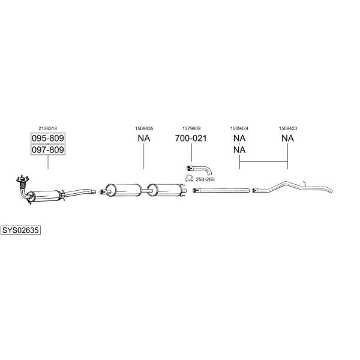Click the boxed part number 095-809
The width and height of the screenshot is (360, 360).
[x=48, y=138]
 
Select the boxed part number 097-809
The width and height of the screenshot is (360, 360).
[x=48, y=150]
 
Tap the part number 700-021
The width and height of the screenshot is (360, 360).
[x=191, y=138]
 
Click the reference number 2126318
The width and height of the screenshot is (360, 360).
[x=47, y=128]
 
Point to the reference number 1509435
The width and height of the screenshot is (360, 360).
[x=144, y=128]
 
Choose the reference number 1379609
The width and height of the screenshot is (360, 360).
[x=191, y=128]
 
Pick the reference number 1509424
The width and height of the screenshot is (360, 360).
[x=239, y=128]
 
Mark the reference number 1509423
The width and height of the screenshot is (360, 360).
[x=288, y=128]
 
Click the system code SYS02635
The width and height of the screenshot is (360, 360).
[x=20, y=230]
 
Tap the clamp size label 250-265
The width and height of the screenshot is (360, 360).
[x=205, y=179]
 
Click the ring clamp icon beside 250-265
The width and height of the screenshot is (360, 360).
[x=189, y=178]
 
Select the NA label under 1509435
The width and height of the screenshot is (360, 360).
[x=144, y=138]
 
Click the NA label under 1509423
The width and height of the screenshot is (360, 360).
[x=287, y=138]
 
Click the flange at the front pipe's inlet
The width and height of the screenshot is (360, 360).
[x=22, y=179]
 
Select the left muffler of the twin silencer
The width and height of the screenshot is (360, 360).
[x=124, y=190]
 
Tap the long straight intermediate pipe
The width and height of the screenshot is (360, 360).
[x=221, y=190]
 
